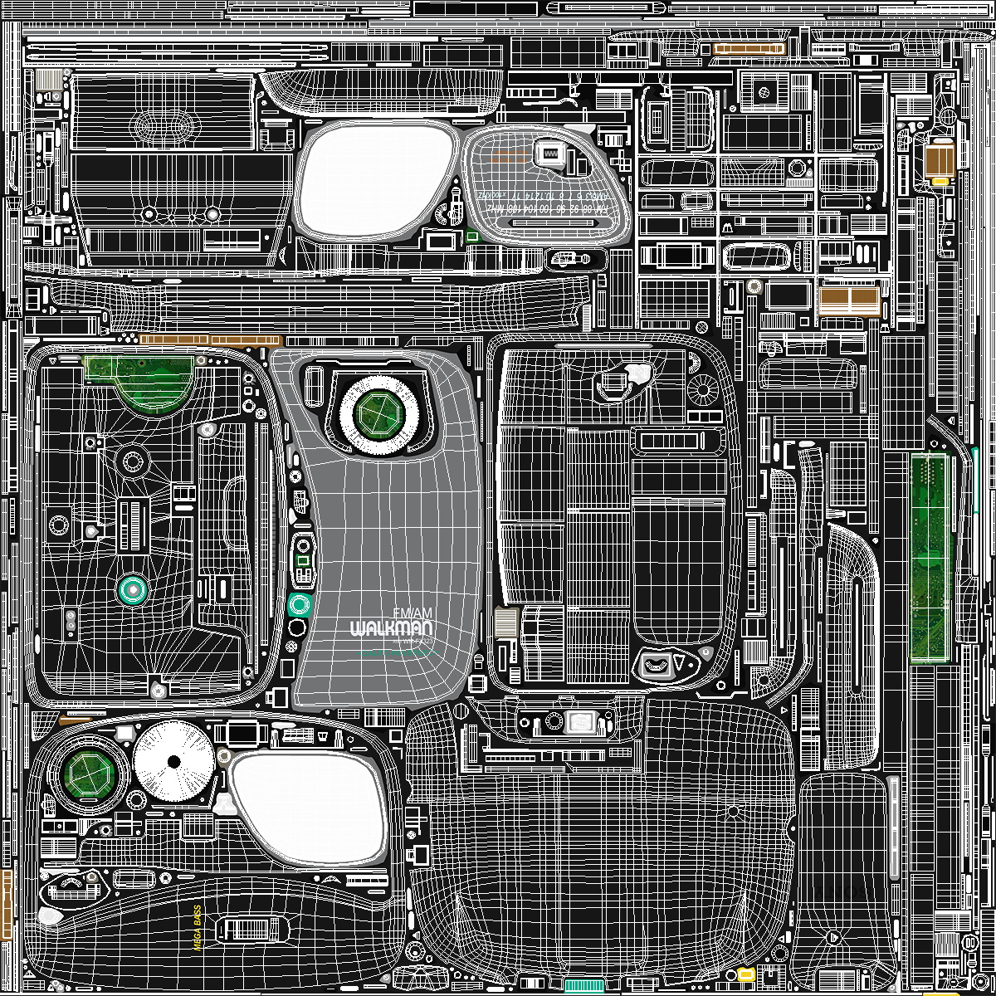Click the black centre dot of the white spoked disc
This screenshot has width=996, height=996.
(x=173, y=761)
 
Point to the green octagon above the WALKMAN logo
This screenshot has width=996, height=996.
(x=378, y=411)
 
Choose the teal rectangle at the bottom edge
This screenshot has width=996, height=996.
(x=584, y=985)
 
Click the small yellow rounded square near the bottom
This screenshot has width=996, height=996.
(x=745, y=974)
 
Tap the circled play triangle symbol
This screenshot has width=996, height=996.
(x=833, y=936)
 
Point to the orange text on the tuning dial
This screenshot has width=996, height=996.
(x=511, y=156)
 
